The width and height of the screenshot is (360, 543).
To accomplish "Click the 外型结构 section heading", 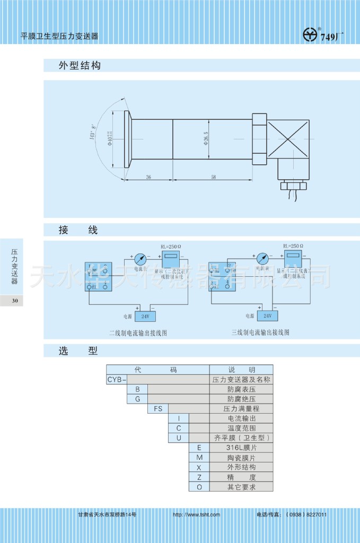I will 80,66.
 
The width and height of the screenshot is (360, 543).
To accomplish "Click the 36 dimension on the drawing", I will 148,177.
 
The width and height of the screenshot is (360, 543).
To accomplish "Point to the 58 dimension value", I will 213,177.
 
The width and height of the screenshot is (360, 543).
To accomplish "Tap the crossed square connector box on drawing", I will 288,139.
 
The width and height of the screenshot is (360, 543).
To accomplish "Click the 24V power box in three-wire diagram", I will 267,316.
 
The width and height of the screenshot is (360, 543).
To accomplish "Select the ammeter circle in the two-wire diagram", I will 141,259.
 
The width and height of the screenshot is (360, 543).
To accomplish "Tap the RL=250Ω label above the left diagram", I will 171,247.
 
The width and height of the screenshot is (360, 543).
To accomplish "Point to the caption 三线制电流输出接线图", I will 260,332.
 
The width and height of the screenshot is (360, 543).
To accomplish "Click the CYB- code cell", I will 117,380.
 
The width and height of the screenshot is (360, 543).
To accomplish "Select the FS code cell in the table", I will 158,409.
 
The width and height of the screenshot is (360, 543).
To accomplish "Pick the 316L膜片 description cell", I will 241,448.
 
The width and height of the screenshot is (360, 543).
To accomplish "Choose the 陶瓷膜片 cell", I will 241,458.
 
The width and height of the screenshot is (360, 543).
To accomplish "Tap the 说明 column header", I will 241,370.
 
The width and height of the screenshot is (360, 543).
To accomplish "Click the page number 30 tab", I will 15,301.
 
